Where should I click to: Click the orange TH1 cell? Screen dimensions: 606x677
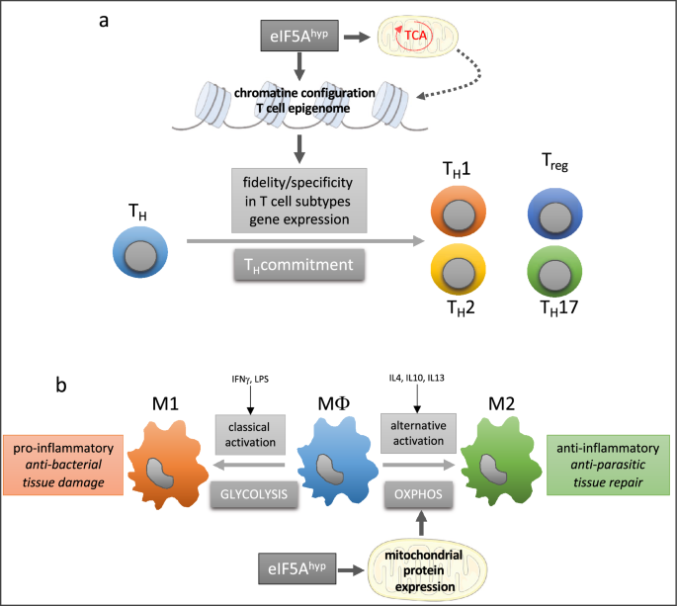click(x=459, y=216)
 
